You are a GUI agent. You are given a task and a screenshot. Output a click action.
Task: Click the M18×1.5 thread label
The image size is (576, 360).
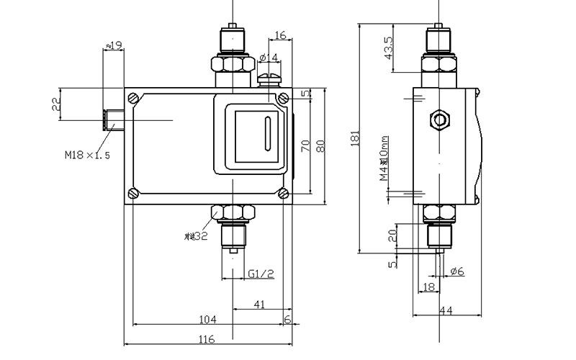(x=86, y=153)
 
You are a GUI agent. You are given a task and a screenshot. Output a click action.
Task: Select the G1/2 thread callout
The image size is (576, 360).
(x=261, y=274)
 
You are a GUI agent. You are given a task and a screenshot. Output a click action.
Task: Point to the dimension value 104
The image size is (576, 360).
(x=207, y=319)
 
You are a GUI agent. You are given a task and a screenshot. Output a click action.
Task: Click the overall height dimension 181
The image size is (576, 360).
(x=354, y=137)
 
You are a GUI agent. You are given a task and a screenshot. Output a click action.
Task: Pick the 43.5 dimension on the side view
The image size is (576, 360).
(x=390, y=48)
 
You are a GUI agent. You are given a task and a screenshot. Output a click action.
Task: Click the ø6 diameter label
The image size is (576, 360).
(x=456, y=271)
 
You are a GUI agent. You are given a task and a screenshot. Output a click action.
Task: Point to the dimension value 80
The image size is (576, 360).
(x=321, y=145)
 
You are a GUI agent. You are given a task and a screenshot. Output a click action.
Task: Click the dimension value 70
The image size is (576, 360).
(x=305, y=145)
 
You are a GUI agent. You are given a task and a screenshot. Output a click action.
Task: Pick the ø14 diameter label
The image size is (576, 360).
(x=268, y=58)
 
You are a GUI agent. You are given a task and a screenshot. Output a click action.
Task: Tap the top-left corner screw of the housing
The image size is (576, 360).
(x=133, y=97)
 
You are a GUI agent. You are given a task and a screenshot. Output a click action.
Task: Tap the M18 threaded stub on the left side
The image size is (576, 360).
(x=114, y=119)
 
